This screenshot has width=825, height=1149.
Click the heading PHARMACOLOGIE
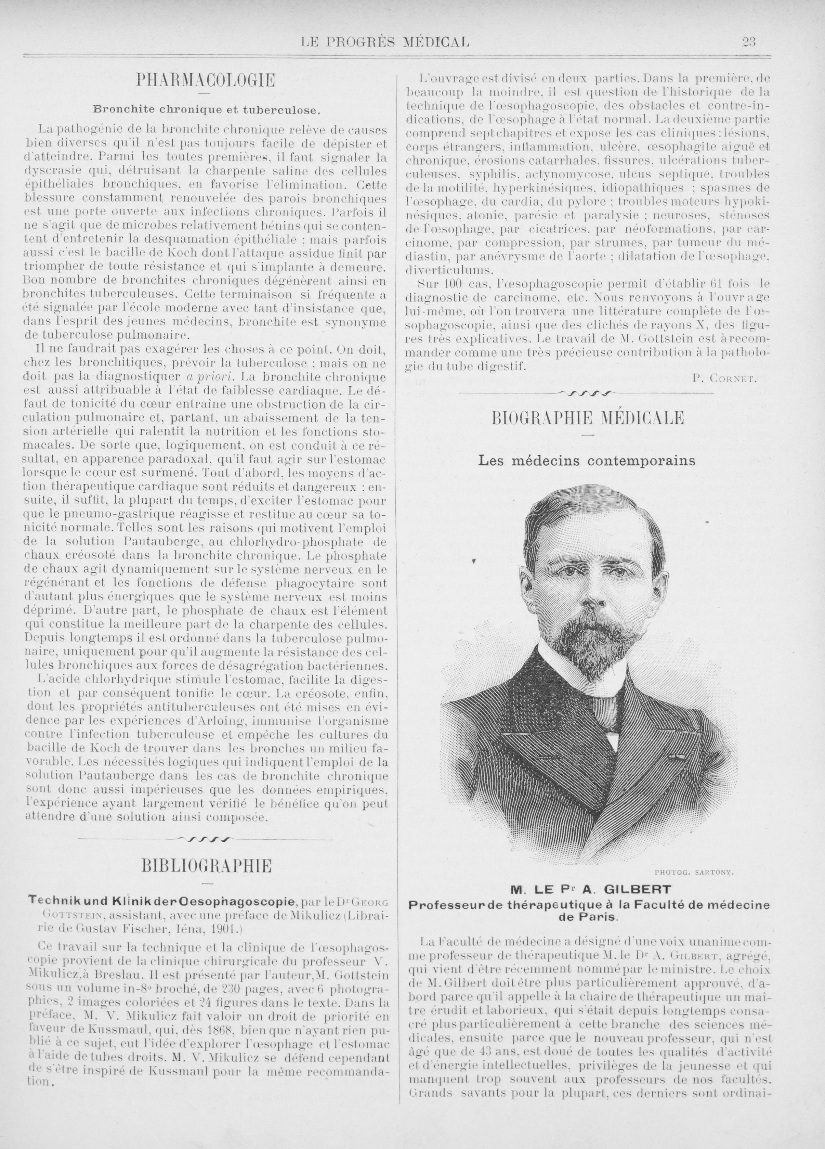pyautogui.click(x=205, y=80)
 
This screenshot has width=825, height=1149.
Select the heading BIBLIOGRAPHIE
pyautogui.click(x=206, y=866)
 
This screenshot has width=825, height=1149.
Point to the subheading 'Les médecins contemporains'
pyautogui.click(x=587, y=461)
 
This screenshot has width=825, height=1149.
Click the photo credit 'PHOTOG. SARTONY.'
pyautogui.click(x=694, y=873)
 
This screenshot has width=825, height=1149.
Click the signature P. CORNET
pyautogui.click(x=724, y=378)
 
